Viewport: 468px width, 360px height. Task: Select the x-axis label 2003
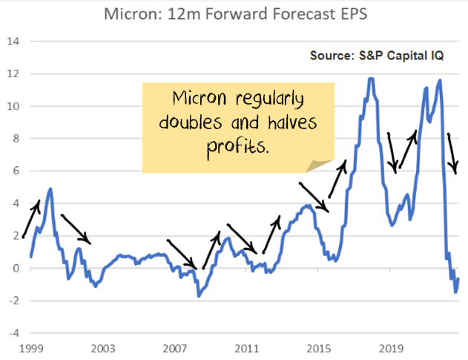click(102, 347)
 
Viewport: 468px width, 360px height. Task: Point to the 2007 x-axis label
click(174, 347)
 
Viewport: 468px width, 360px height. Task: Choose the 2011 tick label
click(246, 347)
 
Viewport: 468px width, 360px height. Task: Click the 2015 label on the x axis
click(319, 347)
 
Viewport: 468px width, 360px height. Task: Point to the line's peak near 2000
click(50, 189)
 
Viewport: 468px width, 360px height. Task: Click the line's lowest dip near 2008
click(198, 296)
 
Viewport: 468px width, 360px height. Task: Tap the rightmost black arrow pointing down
click(452, 154)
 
